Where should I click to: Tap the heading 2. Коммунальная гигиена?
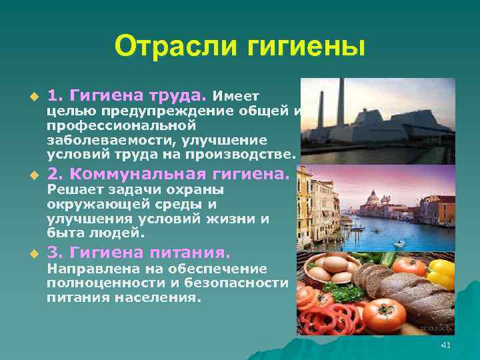pos(169,175)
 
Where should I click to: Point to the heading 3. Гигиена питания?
pos(139,253)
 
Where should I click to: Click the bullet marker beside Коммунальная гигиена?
pos(30,177)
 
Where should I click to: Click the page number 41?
pos(446,344)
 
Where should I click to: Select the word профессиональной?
pos(121,125)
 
